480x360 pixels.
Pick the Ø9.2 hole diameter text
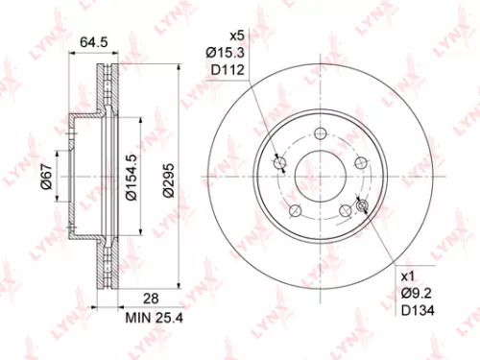click(413, 290)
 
